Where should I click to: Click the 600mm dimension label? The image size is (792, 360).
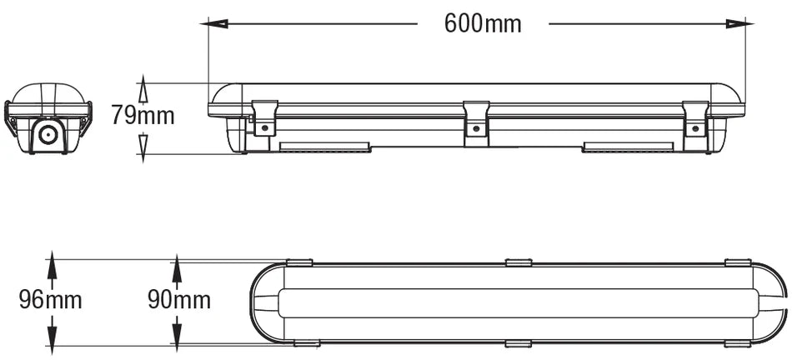[483, 23]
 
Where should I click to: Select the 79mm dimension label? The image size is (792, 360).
[143, 116]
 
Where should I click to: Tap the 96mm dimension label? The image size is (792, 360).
[51, 300]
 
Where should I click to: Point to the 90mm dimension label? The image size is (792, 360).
[179, 300]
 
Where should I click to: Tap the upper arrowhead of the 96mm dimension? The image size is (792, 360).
[52, 264]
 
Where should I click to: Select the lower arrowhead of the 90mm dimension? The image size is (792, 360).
[177, 333]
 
